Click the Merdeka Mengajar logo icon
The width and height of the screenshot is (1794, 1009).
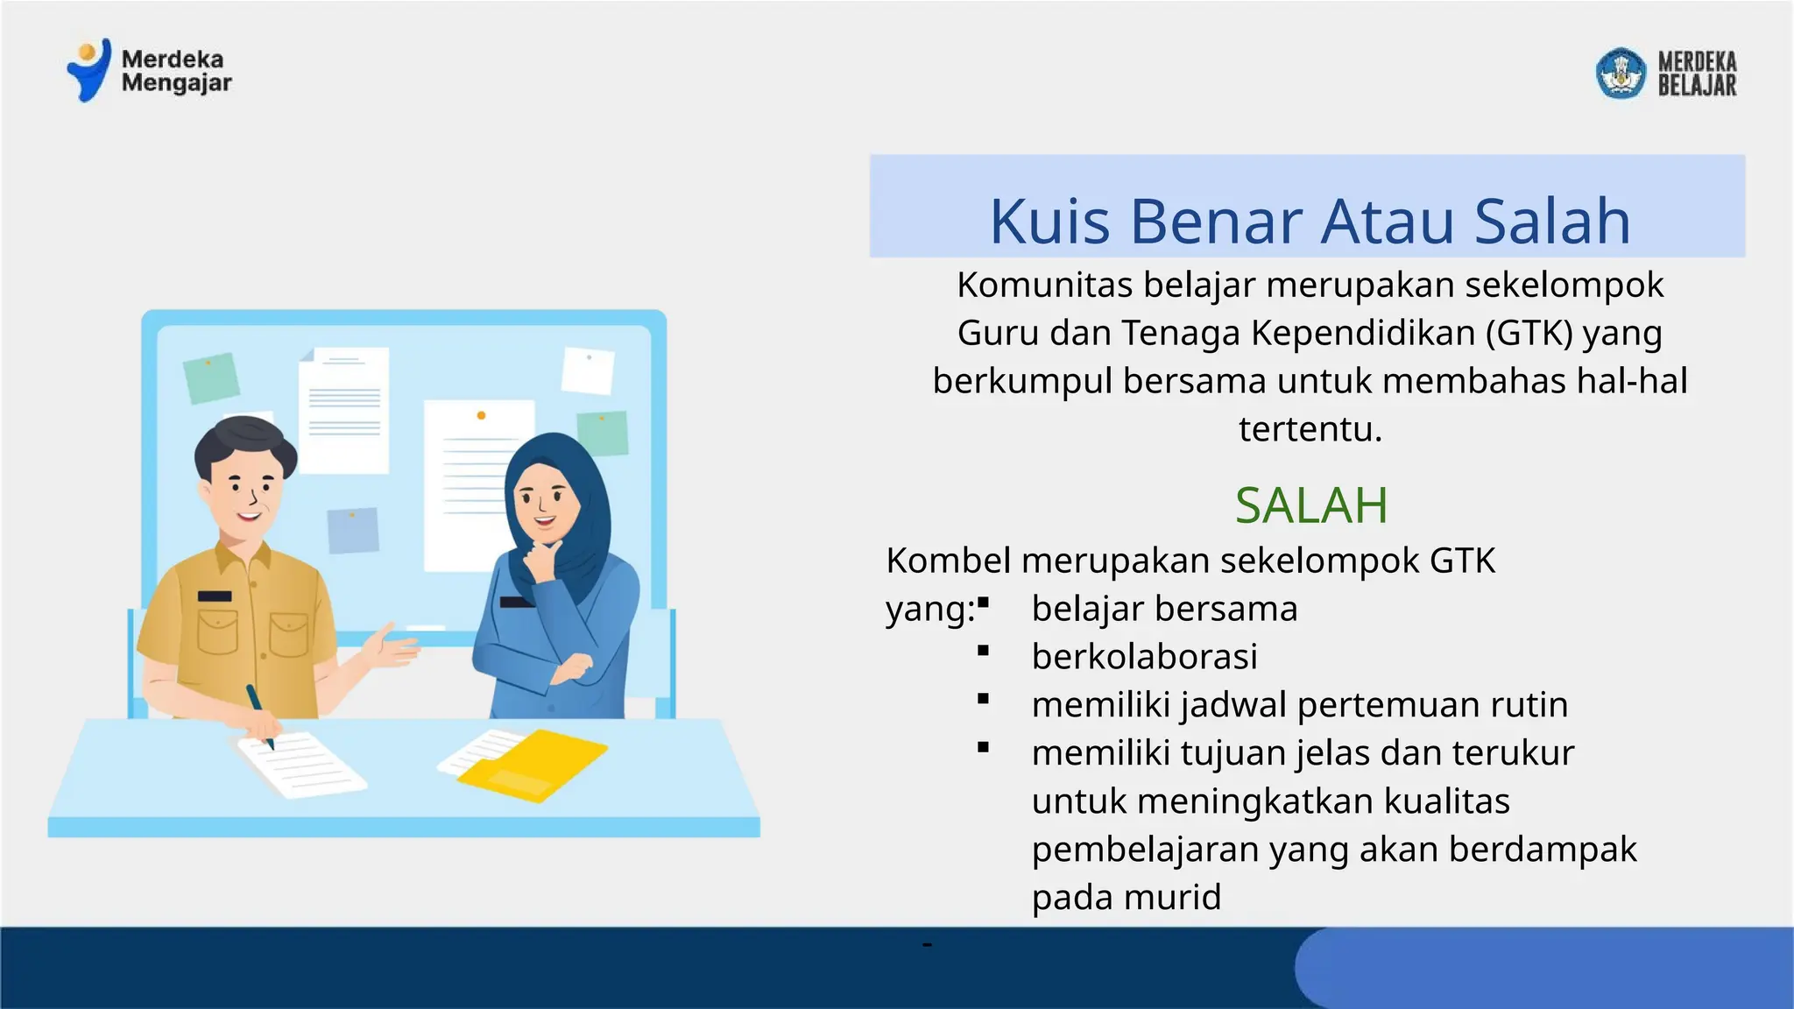point(89,70)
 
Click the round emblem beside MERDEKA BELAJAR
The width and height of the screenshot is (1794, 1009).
point(1621,73)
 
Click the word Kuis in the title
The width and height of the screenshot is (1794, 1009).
point(1049,221)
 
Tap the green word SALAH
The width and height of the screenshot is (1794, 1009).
point(1311,505)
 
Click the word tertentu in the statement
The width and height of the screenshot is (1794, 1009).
point(1310,429)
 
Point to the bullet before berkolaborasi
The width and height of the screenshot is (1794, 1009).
point(984,651)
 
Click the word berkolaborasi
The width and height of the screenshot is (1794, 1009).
point(1144,656)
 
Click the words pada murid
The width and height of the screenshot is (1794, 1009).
point(1126,897)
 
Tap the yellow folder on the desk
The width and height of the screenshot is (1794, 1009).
point(534,764)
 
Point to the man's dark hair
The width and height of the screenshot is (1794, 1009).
point(245,442)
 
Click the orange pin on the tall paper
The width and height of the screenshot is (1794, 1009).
point(481,415)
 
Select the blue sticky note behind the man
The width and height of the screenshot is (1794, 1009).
point(353,530)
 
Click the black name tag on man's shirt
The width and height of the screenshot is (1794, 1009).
point(215,596)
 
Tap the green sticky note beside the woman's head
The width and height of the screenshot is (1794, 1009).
point(603,433)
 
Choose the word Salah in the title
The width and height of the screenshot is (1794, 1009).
point(1552,221)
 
